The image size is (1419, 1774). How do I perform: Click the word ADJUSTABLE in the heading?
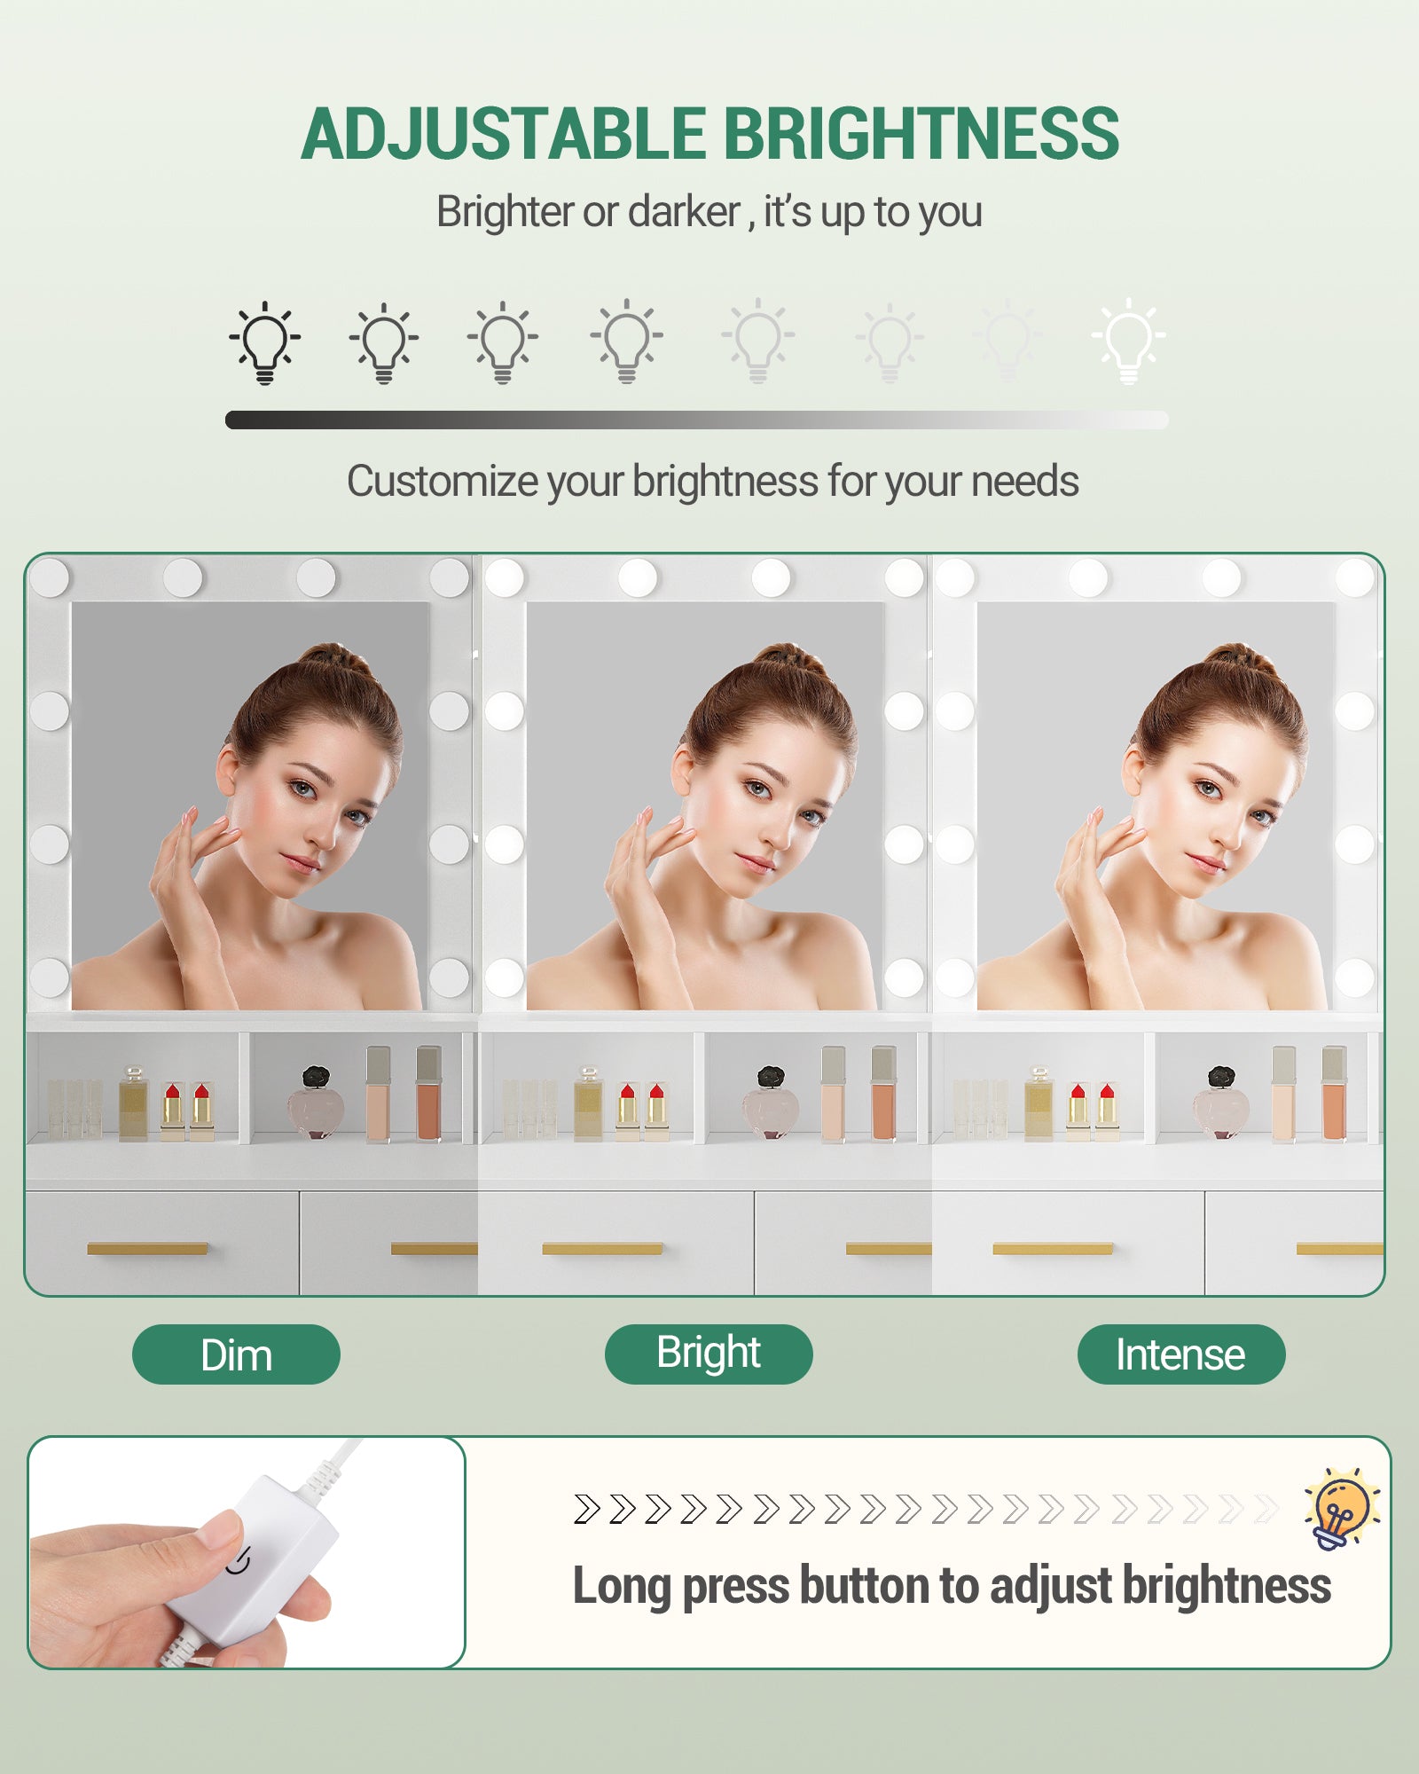point(505,134)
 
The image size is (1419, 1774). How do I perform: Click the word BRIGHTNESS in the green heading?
point(922,134)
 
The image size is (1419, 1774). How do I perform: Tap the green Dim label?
point(236,1354)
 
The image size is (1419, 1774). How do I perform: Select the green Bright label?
point(709,1354)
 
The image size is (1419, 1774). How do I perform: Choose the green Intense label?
point(1181,1354)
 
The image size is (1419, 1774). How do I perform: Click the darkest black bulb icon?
point(264,343)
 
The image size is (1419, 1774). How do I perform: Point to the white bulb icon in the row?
point(1129,341)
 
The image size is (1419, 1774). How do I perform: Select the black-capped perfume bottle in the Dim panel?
point(316,1103)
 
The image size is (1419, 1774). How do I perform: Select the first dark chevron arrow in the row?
point(586,1509)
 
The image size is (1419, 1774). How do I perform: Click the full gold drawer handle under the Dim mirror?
point(147,1249)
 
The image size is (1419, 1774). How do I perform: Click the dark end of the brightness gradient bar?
point(234,420)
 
